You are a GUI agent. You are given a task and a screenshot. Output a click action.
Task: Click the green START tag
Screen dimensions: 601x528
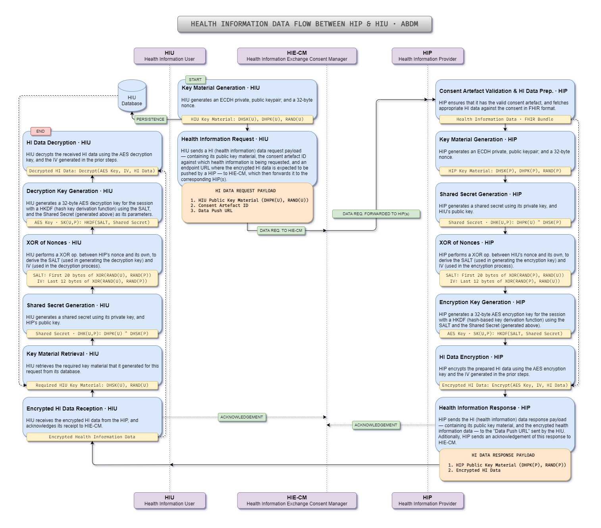[x=195, y=79]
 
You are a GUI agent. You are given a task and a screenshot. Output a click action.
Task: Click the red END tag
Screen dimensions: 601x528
[x=40, y=131]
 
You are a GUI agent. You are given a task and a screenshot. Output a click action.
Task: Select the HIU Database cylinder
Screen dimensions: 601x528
[x=132, y=96]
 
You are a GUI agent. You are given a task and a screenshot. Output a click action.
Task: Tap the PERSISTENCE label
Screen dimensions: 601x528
[x=150, y=119]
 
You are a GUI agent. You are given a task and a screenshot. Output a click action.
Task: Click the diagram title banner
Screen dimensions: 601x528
[x=304, y=24]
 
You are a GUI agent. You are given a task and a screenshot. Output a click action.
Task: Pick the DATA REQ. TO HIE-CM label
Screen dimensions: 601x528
[x=281, y=231]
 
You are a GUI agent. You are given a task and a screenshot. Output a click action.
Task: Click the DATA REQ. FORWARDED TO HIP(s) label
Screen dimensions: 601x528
[x=376, y=214]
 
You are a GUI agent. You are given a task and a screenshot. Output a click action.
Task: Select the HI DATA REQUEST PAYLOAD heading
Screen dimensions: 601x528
[x=245, y=191]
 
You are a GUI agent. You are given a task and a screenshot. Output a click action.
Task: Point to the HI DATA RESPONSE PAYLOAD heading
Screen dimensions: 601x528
[x=503, y=455]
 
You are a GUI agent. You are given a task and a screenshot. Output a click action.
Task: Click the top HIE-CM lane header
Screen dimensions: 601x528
[x=297, y=56]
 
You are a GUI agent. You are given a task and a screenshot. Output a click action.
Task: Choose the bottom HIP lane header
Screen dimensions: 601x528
[x=428, y=501]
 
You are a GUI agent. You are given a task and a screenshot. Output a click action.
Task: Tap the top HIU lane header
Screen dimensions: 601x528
[x=170, y=56]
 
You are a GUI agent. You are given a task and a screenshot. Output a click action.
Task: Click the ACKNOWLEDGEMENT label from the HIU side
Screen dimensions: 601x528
[x=241, y=417]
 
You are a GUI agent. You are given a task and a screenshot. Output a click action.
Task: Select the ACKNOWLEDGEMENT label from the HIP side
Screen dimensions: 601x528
[x=376, y=425]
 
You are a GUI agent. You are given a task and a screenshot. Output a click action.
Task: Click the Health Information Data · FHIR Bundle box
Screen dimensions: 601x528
[x=505, y=119]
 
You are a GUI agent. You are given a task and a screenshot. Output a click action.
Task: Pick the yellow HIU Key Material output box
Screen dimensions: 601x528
[x=247, y=119]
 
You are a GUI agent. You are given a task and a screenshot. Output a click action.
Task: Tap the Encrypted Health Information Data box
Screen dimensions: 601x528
[x=92, y=437]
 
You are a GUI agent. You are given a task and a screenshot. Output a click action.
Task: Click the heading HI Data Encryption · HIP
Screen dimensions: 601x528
[x=471, y=357]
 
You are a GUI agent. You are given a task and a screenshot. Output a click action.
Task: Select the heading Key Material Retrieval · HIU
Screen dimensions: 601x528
[x=63, y=354]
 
